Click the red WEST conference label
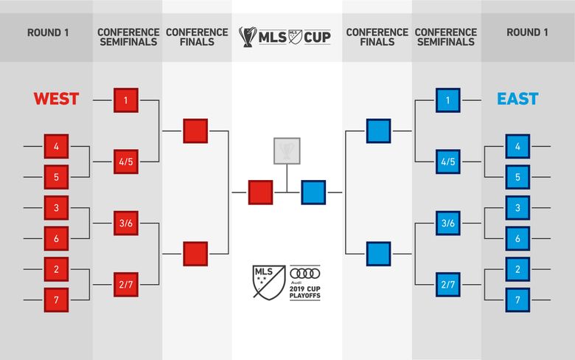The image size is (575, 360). (x=56, y=99)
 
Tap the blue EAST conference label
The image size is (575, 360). (x=517, y=99)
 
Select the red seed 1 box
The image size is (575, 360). (x=126, y=100)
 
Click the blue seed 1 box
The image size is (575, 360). (x=447, y=100)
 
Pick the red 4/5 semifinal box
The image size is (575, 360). (x=126, y=162)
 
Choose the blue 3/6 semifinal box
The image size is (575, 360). (x=447, y=223)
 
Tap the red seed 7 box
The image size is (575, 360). (x=56, y=300)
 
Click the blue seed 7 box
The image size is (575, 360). (x=517, y=300)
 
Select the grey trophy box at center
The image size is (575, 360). (x=287, y=150)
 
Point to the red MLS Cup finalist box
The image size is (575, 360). (x=260, y=193)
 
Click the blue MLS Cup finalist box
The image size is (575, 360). (x=313, y=193)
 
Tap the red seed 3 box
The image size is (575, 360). (x=56, y=208)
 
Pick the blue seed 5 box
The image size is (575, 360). (x=517, y=177)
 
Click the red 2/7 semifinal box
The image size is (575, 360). (x=126, y=285)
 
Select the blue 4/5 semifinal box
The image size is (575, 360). (x=447, y=162)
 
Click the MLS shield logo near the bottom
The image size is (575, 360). (x=269, y=283)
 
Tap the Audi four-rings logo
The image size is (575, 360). (x=305, y=274)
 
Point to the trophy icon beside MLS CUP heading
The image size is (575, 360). (x=248, y=37)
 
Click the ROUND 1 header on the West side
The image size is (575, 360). (x=48, y=32)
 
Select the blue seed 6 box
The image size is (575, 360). (x=517, y=238)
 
